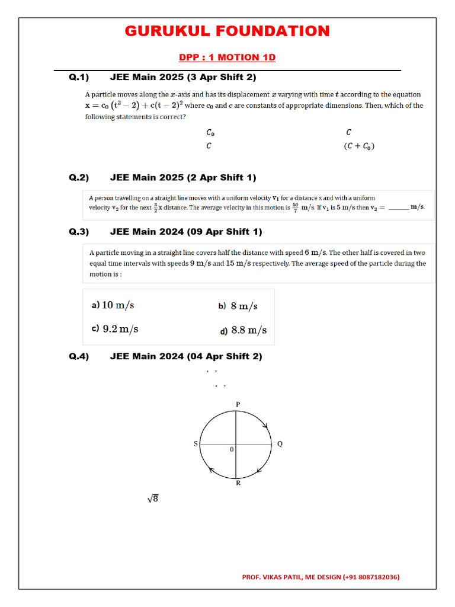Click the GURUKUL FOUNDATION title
[x=227, y=31]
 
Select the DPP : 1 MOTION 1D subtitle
[x=227, y=57]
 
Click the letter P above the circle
[x=238, y=404]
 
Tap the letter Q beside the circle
[x=280, y=444]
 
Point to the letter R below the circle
[x=238, y=483]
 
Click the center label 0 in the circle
[x=232, y=450]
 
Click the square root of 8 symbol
[x=153, y=499]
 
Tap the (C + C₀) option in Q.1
[x=360, y=146]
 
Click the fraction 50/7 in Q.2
[x=295, y=207]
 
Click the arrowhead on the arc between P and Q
[x=265, y=426]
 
